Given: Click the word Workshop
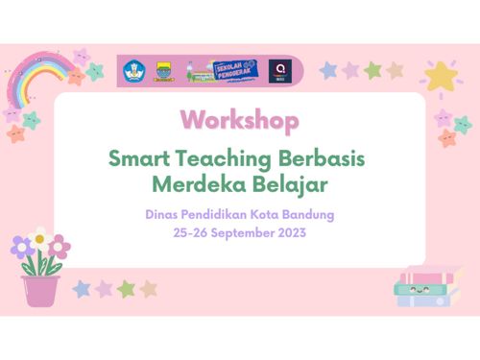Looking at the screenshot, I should (239, 120).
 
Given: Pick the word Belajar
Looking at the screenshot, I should (283, 181).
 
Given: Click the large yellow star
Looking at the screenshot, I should (441, 75).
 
